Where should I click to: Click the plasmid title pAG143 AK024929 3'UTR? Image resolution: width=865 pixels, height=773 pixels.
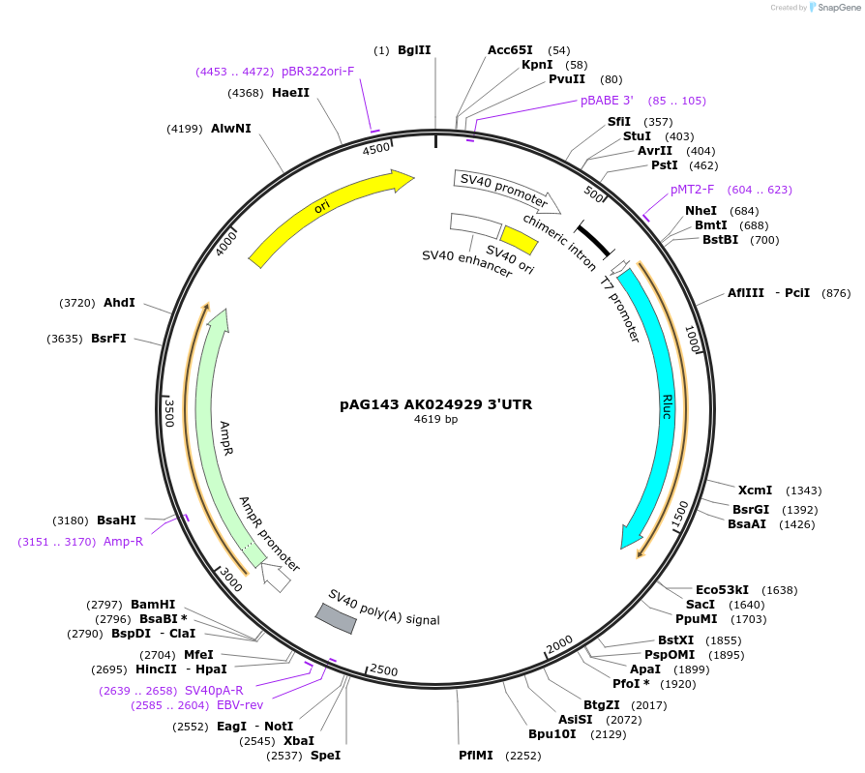435,403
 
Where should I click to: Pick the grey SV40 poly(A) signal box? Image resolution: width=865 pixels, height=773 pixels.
336,619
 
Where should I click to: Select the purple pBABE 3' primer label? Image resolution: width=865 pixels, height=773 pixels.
607,101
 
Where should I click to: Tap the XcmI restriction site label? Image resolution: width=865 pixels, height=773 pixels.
755,491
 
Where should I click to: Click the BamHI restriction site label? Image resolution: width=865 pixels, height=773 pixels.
153,605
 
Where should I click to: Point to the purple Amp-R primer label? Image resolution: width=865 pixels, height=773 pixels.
123,542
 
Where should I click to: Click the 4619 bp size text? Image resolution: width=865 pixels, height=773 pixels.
435,420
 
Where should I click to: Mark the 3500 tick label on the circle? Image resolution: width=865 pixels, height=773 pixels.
168,412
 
